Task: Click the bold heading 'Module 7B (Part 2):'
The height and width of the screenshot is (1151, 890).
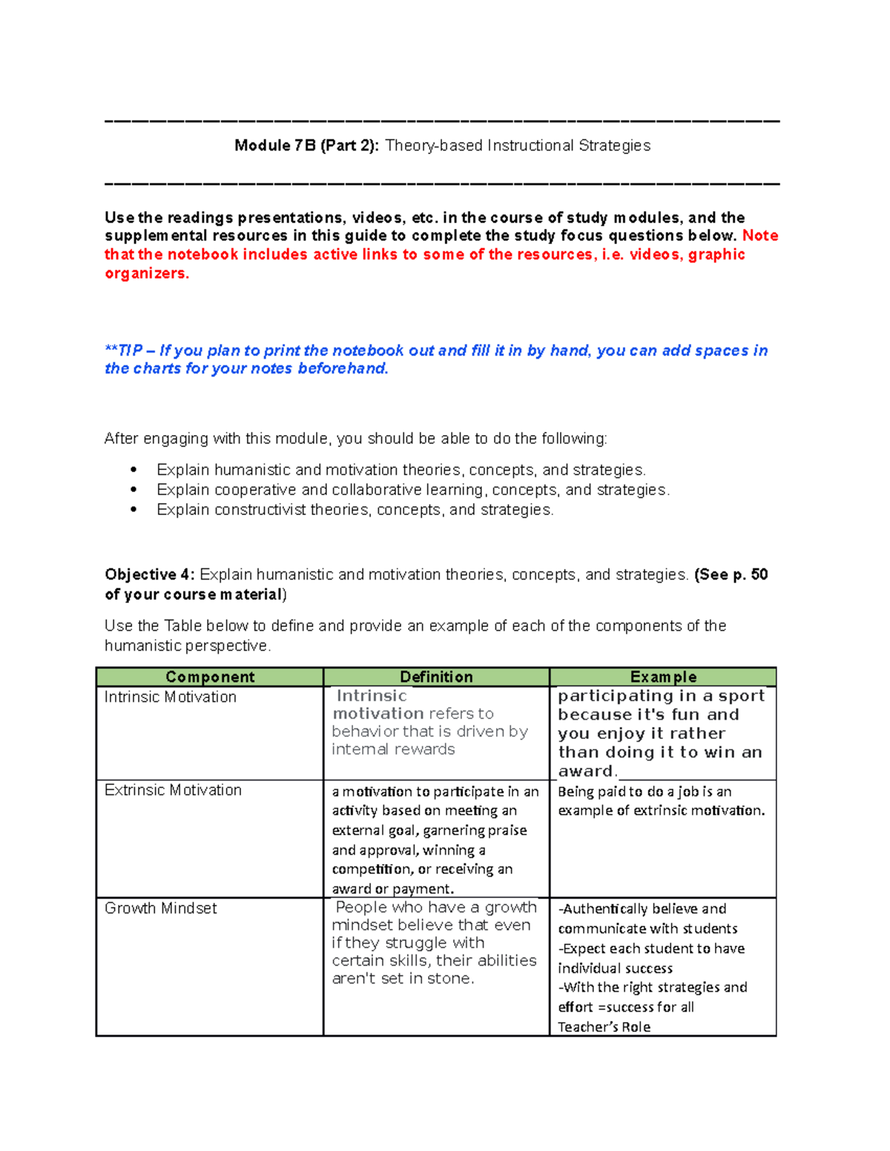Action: [306, 145]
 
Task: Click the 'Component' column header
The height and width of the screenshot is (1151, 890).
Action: [210, 677]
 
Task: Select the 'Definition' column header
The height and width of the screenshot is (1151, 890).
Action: [436, 677]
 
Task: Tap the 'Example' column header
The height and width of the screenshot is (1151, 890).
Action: [663, 677]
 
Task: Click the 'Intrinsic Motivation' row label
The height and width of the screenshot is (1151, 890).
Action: [171, 697]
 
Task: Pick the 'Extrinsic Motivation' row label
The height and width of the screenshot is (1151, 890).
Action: [173, 790]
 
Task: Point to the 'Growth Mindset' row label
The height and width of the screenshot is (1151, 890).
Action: [161, 908]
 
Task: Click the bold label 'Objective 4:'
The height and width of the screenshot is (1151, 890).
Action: [150, 574]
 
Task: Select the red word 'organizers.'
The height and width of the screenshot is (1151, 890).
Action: [147, 273]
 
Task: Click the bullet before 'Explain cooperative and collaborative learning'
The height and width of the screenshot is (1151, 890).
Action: [133, 490]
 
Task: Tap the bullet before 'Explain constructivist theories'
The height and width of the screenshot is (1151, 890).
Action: [133, 510]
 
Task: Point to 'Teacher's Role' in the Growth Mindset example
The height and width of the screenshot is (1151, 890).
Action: [604, 1026]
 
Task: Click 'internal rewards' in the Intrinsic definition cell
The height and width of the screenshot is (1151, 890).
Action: [393, 749]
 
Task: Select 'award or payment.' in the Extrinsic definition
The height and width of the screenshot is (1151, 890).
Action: [393, 889]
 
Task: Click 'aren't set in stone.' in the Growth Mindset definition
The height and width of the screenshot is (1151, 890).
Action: [403, 978]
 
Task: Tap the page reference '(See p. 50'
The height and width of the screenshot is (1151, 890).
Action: [731, 574]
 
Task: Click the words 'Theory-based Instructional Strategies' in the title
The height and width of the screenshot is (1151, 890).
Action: [518, 145]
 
